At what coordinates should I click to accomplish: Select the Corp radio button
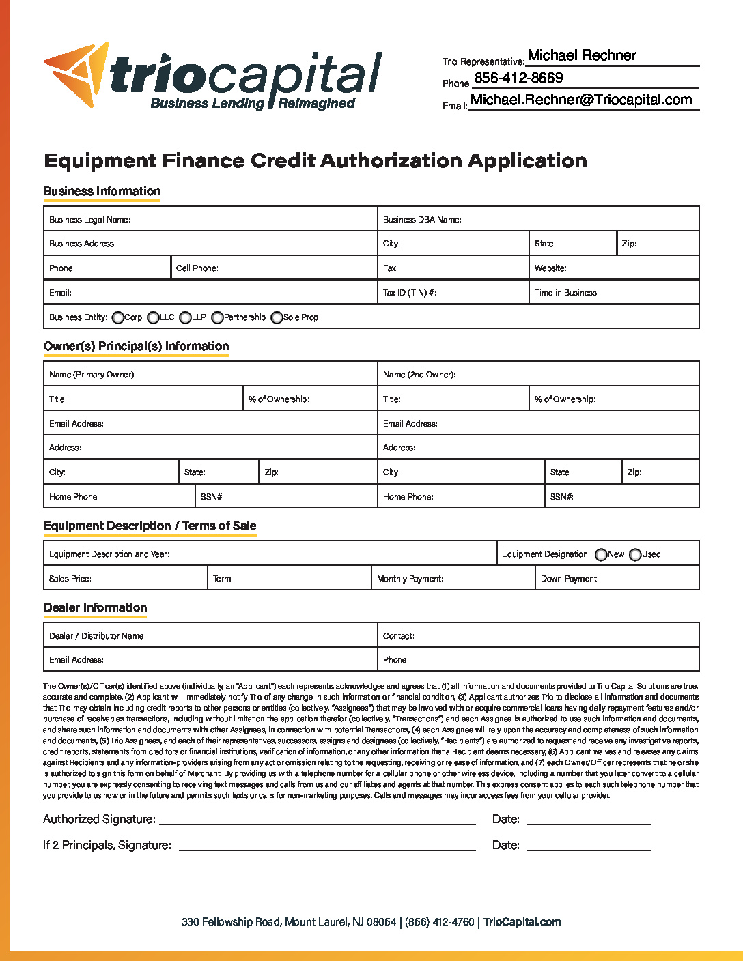click(x=118, y=317)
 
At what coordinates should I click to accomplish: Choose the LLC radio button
click(x=154, y=317)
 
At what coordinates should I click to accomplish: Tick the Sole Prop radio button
click(x=277, y=317)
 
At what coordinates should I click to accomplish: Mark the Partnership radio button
click(x=217, y=317)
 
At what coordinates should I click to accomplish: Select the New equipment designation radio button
click(x=601, y=555)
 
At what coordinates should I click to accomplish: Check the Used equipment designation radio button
click(x=635, y=555)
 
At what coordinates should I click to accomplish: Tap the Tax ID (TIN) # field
click(x=481, y=293)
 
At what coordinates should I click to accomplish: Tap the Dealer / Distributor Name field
click(x=260, y=636)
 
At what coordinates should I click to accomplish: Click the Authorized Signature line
click(x=317, y=818)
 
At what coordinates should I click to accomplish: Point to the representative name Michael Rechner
click(x=582, y=56)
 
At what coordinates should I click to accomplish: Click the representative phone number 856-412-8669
click(x=518, y=78)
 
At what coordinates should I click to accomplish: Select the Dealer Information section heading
click(x=96, y=607)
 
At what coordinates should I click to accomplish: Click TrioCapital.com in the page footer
click(x=522, y=922)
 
